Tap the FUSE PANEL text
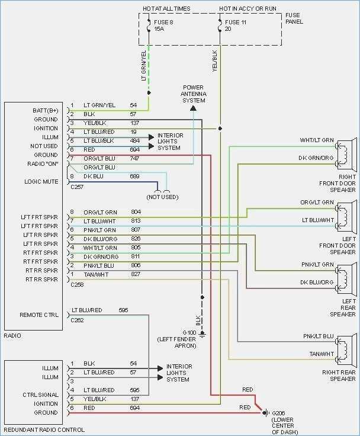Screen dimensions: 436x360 tap(294, 19)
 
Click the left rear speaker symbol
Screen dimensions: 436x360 tap(345, 277)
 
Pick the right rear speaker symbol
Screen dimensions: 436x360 tap(345, 350)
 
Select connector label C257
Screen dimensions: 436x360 tap(76, 186)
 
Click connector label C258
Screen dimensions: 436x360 tap(76, 284)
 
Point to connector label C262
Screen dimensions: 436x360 tap(76, 320)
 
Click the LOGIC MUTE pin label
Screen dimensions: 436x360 tap(41, 181)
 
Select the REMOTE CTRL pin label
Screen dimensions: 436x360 tap(39, 315)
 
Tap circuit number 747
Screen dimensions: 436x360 tap(135, 159)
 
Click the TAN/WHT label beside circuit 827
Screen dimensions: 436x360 tap(95, 274)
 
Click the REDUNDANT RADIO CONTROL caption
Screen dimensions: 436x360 tap(44, 429)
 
